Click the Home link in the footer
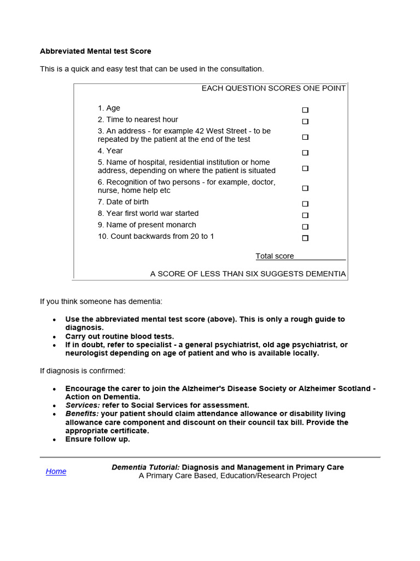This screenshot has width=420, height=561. tap(56, 471)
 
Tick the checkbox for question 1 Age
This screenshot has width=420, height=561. tap(305, 110)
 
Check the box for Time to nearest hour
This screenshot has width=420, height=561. tap(305, 122)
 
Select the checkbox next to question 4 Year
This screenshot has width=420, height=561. tap(305, 153)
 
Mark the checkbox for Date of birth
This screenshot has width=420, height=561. tap(305, 204)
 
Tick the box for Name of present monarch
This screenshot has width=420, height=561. tap(305, 227)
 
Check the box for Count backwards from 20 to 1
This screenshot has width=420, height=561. tap(305, 238)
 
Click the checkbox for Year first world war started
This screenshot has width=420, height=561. tap(305, 215)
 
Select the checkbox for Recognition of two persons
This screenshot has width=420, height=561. tap(305, 188)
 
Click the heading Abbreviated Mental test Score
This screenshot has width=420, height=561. tap(95, 51)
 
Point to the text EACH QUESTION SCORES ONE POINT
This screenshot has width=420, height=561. tap(273, 88)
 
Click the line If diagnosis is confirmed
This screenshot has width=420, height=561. tap(82, 371)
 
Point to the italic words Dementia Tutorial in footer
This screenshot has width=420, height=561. tap(145, 467)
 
